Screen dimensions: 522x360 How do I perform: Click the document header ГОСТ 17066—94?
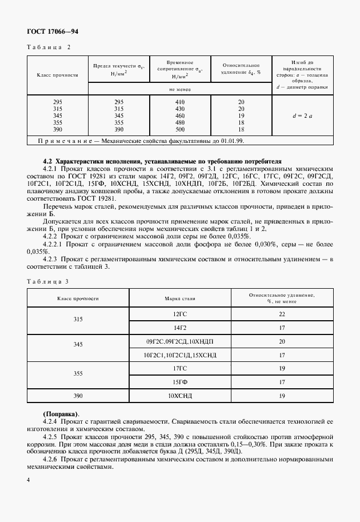[x=52, y=31]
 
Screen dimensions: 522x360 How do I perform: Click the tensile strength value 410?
[x=180, y=102]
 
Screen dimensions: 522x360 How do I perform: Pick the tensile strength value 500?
[x=180, y=129]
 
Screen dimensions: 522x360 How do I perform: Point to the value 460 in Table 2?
[x=180, y=115]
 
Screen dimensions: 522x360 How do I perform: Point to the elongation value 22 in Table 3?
[x=282, y=314]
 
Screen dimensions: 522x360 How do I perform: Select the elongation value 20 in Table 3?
[x=282, y=341]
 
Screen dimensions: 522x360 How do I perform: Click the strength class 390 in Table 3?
[x=78, y=395]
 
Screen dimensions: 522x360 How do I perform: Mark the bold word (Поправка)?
[x=62, y=413]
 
